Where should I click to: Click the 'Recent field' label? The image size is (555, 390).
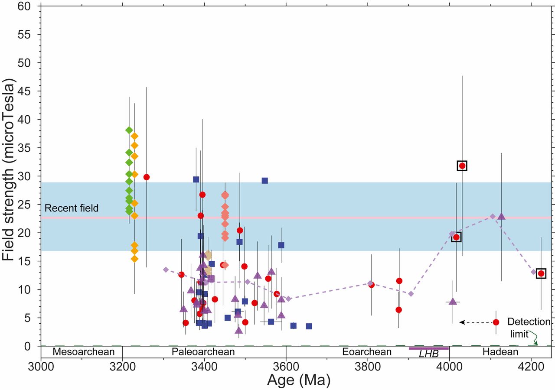72,208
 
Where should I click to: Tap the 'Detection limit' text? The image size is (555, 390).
529,328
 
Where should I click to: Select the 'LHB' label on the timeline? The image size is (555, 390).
428,354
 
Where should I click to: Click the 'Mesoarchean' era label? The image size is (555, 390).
81,351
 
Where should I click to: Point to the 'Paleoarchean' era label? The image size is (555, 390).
203,351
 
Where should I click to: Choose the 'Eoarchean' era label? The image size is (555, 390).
367,351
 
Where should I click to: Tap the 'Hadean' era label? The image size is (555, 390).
500,351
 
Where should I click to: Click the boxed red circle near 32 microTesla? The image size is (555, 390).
462,166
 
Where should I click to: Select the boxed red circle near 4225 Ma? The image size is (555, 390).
541,273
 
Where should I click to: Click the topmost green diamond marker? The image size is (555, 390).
129,130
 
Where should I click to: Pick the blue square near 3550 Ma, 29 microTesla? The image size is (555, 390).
264,181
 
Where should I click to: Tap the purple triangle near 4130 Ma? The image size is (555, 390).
502,216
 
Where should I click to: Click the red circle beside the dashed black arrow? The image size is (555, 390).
496,322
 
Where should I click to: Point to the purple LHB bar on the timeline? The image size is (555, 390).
428,348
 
